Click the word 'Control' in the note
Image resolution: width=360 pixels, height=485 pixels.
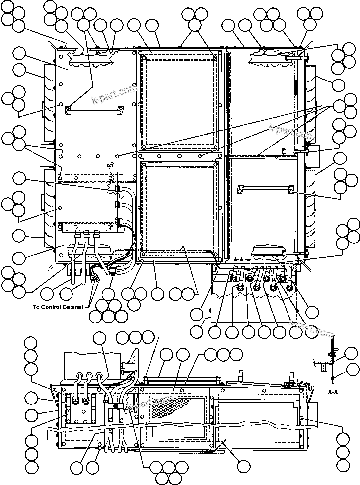click(x=54, y=306)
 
